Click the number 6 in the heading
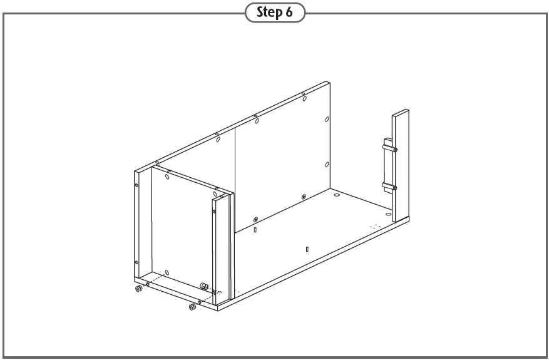click(x=289, y=13)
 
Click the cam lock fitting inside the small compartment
click(x=204, y=285)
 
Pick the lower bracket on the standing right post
click(x=388, y=186)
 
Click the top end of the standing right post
click(x=401, y=113)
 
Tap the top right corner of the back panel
click(x=327, y=83)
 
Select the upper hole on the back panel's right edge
click(x=327, y=118)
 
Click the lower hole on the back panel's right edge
click(x=327, y=165)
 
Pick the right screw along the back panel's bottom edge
click(x=304, y=197)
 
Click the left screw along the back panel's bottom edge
click(x=256, y=219)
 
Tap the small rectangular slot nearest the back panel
click(x=256, y=230)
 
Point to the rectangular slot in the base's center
click(x=307, y=249)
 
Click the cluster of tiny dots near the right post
click(x=374, y=225)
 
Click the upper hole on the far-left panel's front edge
click(x=136, y=185)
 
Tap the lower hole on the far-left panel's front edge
click(x=136, y=262)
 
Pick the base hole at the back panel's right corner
click(x=337, y=197)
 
